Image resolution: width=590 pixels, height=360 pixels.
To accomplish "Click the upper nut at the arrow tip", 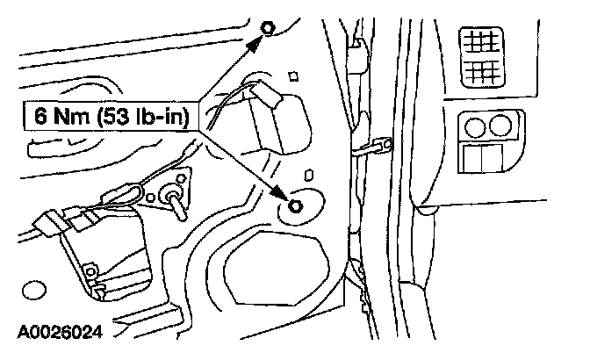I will (267, 31).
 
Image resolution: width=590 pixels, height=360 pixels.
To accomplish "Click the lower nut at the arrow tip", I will (293, 206).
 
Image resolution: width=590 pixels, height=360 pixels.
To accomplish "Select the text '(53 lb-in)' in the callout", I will (146, 116).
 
